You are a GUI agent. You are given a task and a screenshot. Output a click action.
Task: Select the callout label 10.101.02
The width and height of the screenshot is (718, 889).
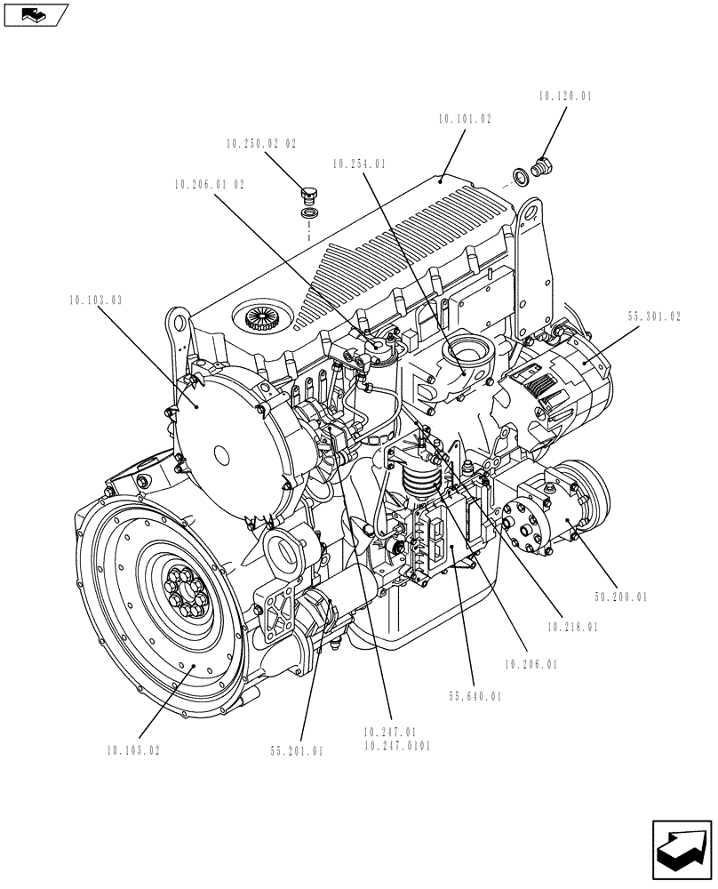pos(464,118)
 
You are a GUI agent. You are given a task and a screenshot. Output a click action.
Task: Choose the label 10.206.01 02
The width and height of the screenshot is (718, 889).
pos(209,185)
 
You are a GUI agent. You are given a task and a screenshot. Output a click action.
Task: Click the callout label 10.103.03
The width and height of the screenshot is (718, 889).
pos(94,300)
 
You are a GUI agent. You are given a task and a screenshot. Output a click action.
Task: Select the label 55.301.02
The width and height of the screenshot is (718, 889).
pos(654,316)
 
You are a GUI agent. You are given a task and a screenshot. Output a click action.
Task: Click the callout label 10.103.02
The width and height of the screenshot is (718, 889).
pos(131,750)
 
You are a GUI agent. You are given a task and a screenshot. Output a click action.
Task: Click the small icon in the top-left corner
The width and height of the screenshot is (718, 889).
pos(35,13)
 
